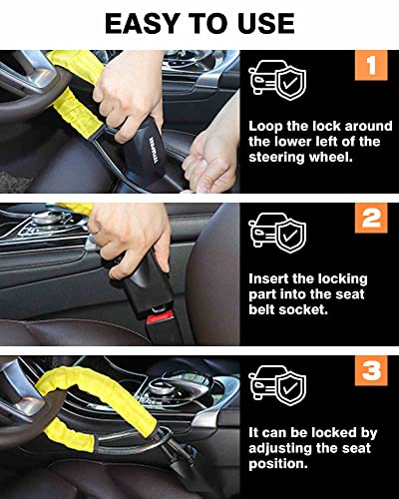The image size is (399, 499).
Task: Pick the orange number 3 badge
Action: click(370, 372)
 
